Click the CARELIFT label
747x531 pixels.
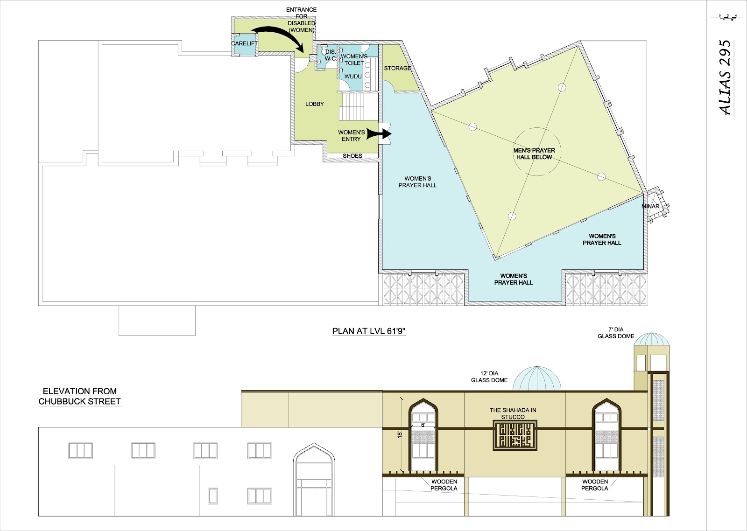point(245,43)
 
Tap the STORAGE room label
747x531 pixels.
point(397,68)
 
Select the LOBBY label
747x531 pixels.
point(315,104)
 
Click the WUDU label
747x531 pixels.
point(353,77)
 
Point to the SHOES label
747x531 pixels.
point(352,156)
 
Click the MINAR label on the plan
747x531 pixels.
point(650,206)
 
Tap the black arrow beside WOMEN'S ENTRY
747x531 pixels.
point(379,133)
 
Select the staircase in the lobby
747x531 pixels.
point(359,107)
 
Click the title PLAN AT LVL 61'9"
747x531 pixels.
point(369,331)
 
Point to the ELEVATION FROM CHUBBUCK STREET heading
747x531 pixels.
point(80,396)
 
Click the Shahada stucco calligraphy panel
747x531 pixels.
point(515,435)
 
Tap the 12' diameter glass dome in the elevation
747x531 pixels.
point(537,379)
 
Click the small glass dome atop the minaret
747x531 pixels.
point(651,339)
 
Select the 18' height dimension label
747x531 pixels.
point(400,434)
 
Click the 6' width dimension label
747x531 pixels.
point(423,425)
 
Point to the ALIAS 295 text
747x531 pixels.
point(725,77)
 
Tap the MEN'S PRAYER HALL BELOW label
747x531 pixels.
point(534,154)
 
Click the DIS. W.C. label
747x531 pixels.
point(331,56)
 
